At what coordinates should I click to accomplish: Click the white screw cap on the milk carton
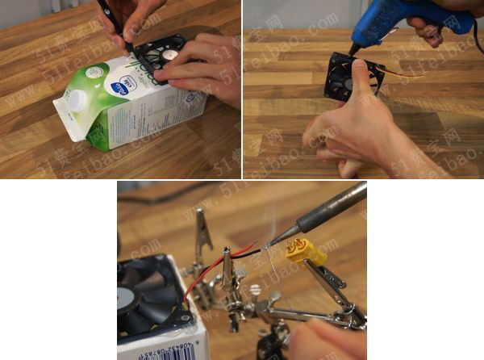[x=77, y=101]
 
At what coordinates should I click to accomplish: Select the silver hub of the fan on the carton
[x=169, y=55]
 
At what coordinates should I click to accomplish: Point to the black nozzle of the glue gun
[x=356, y=48]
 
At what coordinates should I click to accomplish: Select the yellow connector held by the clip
[x=306, y=253]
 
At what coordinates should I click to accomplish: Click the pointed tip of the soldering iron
[x=273, y=240]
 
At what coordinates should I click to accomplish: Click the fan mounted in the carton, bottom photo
[x=149, y=295]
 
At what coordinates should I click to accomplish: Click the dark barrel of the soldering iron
[x=331, y=206]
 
